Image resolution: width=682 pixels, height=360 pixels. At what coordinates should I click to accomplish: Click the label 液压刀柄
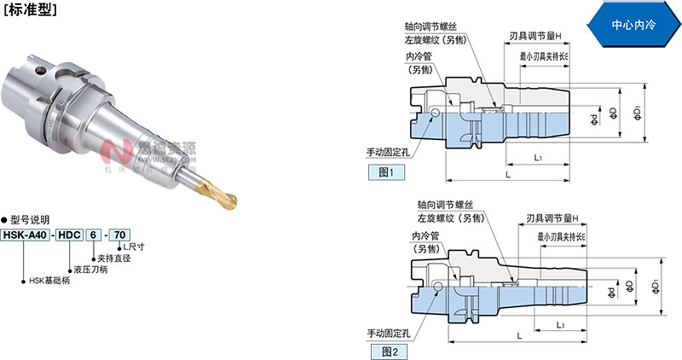click(93, 269)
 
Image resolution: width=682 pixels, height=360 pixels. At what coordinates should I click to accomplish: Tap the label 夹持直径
click(115, 258)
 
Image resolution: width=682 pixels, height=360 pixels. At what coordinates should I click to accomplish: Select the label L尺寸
click(133, 247)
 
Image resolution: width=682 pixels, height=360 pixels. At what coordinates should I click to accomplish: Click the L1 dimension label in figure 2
click(558, 325)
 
